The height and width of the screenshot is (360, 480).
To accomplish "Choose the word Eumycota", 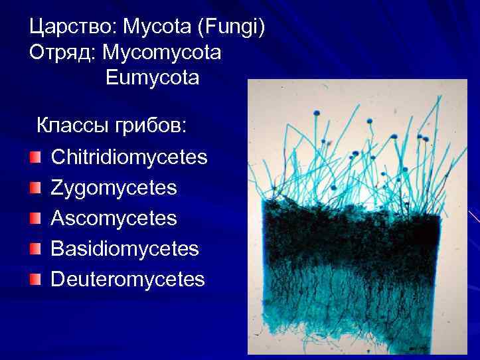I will tap(152, 78).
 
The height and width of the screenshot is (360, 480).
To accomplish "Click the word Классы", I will tap(72, 125).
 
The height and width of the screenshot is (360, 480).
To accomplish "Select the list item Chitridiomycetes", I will tap(129, 157).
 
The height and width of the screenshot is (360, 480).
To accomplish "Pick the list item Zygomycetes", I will tap(114, 188).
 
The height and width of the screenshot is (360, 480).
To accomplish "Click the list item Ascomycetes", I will tap(114, 218).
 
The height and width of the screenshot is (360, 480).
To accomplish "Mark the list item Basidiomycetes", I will tap(125, 248).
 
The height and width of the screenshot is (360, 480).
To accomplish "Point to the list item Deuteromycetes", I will tap(128, 279).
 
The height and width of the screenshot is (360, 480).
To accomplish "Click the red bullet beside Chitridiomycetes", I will tap(35, 158).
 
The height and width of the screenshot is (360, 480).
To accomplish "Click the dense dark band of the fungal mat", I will tap(352, 239).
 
